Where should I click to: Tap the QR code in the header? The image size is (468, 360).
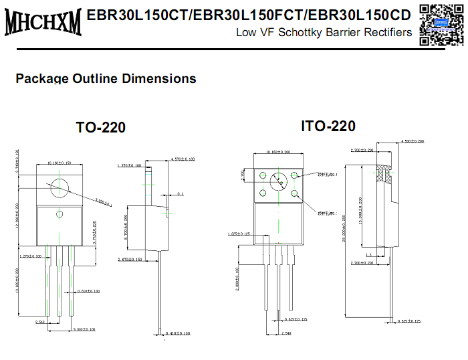[x=441, y=24]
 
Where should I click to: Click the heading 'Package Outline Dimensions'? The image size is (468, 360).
[x=106, y=78]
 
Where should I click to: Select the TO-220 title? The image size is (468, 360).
[x=100, y=127]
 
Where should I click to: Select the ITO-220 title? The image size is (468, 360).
[x=328, y=126]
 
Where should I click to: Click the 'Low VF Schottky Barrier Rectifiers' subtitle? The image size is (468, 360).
[x=324, y=33]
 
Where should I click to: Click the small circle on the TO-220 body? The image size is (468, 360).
[x=59, y=214]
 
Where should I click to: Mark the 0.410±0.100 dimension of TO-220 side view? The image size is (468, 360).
[x=177, y=333]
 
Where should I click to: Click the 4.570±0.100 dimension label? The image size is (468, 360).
[x=183, y=159]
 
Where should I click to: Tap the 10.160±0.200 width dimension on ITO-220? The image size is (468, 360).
[x=279, y=152]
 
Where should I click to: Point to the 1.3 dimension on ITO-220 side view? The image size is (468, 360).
[x=368, y=255]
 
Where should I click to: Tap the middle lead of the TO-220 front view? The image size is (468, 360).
[x=59, y=281]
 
